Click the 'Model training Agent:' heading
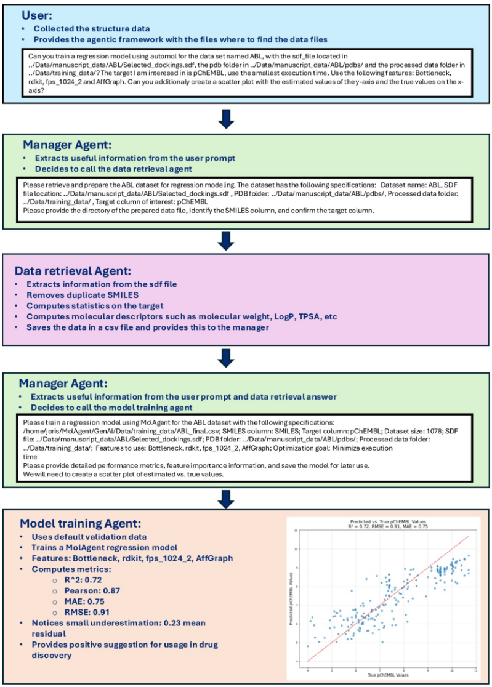tap(81, 523)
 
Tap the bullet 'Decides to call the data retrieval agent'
tap(114, 169)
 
